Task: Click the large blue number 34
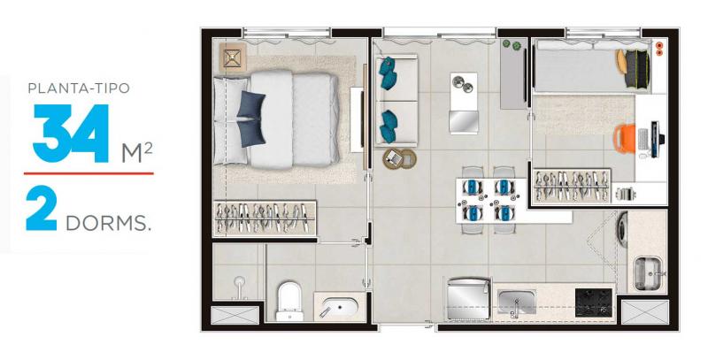tap(71, 134)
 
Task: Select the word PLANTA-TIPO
tap(79, 88)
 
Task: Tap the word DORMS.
tap(108, 223)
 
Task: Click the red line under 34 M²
tap(88, 173)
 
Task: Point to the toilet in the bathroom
tap(289, 301)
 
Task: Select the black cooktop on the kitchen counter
tap(593, 303)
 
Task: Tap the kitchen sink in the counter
tap(517, 302)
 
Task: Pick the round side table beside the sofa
tap(399, 159)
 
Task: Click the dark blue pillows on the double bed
tap(251, 119)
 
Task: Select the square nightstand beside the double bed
tap(233, 57)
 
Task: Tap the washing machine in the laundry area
tap(623, 229)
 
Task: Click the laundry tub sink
tap(649, 273)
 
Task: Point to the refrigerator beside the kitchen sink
tap(468, 300)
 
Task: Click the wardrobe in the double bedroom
tap(265, 218)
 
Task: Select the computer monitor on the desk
tap(656, 139)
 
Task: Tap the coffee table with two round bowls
tap(464, 103)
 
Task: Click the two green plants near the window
tap(512, 44)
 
